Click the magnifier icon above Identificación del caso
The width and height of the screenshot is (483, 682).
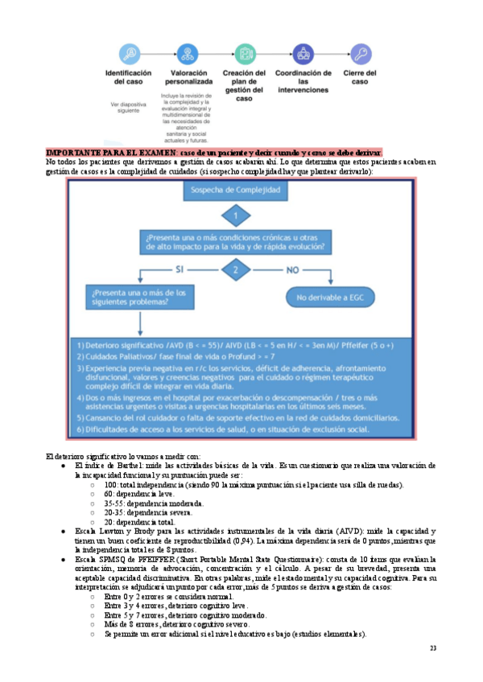pyautogui.click(x=129, y=54)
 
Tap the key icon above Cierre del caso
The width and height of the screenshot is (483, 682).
pyautogui.click(x=361, y=54)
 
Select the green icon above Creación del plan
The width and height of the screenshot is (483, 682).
pyautogui.click(x=244, y=54)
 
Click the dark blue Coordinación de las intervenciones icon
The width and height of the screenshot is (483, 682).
pyautogui.click(x=303, y=54)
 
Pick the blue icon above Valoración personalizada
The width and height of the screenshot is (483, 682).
pyautogui.click(x=186, y=54)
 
